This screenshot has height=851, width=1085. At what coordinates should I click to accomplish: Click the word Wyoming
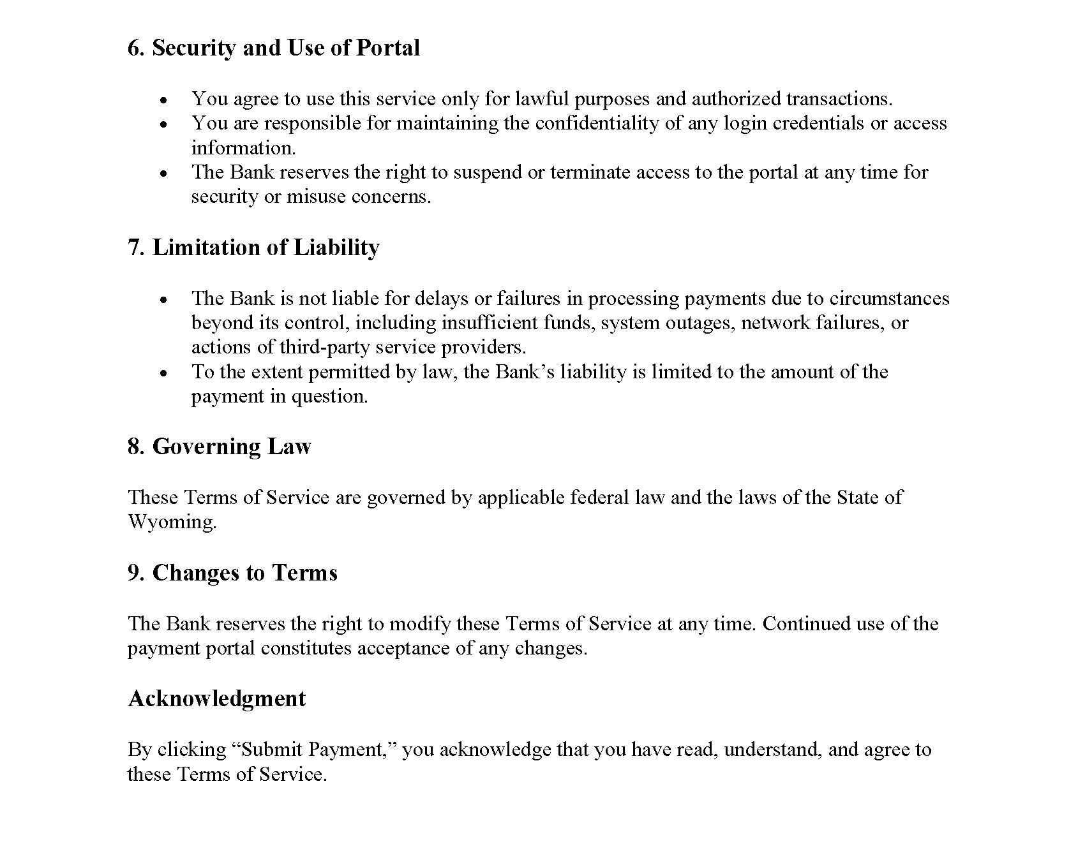pyautogui.click(x=171, y=522)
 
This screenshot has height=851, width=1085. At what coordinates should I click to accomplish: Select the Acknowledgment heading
pyautogui.click(x=217, y=699)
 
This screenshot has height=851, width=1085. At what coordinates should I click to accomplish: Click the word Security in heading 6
pyautogui.click(x=194, y=48)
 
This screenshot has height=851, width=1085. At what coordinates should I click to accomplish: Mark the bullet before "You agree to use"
pyautogui.click(x=164, y=100)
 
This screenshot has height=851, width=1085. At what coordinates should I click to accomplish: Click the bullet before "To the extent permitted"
pyautogui.click(x=164, y=373)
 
